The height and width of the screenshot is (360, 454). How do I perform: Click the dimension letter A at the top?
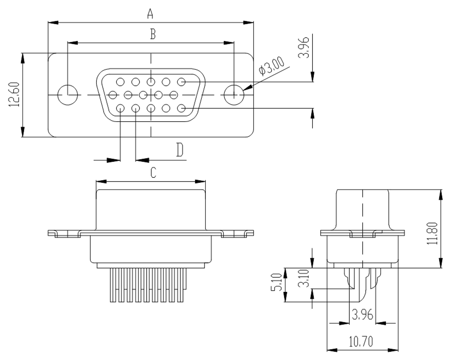[150, 14]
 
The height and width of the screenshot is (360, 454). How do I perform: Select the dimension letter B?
[153, 34]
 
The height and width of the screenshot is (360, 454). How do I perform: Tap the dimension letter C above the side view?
[153, 173]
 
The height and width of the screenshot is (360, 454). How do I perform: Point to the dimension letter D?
[180, 150]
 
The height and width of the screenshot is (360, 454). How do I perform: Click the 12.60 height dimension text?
[14, 94]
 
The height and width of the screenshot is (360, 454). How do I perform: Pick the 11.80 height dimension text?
[432, 233]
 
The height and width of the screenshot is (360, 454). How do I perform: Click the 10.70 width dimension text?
[361, 341]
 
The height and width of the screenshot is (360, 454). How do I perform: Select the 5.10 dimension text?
[276, 282]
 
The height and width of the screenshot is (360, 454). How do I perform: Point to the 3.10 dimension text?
[303, 278]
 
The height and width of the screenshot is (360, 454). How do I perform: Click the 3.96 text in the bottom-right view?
[362, 315]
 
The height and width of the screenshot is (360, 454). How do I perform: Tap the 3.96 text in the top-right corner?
[303, 47]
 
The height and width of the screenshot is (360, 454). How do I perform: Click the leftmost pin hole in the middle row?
[113, 95]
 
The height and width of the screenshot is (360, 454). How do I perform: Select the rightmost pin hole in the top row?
[181, 82]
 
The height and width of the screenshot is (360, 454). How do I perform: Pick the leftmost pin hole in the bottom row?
[120, 108]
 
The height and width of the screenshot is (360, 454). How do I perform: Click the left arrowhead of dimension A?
[53, 23]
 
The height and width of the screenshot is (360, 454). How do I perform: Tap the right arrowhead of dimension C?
[201, 182]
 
